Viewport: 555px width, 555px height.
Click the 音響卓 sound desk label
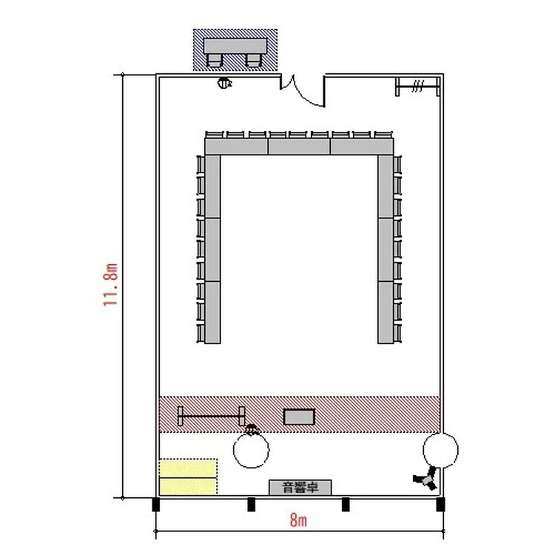(300, 488)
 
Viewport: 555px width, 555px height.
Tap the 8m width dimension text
(298, 520)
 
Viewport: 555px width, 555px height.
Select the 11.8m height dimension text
(110, 284)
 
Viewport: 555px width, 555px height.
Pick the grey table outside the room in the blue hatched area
(235, 46)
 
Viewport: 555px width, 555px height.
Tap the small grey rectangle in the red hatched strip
(299, 417)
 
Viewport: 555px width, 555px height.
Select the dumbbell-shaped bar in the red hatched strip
(212, 416)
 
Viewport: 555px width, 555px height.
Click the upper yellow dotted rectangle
(188, 468)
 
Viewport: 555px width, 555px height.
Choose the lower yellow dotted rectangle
(188, 486)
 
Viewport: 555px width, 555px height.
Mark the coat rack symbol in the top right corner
(417, 87)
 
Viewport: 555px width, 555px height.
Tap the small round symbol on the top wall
(224, 83)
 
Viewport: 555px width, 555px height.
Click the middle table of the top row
(299, 147)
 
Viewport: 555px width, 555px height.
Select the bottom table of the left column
(212, 312)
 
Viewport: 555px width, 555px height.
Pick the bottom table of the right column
(386, 312)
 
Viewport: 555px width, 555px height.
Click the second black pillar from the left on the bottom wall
(251, 505)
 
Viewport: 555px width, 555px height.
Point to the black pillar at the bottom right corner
(440, 505)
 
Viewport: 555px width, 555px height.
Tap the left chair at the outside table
(215, 61)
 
